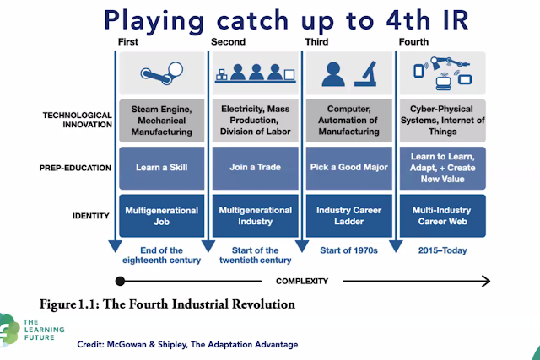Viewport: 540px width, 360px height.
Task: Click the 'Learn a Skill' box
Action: [x=161, y=167]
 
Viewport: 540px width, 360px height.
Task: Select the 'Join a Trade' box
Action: [x=254, y=167]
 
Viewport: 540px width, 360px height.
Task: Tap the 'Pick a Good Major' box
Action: [x=348, y=167]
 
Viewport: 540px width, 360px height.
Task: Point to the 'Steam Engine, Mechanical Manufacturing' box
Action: [x=161, y=120]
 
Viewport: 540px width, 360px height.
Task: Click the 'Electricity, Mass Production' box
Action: [x=254, y=120]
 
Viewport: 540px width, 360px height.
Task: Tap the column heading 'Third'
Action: [x=318, y=41]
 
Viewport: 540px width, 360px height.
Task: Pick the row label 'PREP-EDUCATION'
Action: [x=74, y=168]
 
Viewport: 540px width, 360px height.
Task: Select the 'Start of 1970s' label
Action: [x=348, y=250]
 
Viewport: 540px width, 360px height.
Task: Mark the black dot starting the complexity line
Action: [x=119, y=282]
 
